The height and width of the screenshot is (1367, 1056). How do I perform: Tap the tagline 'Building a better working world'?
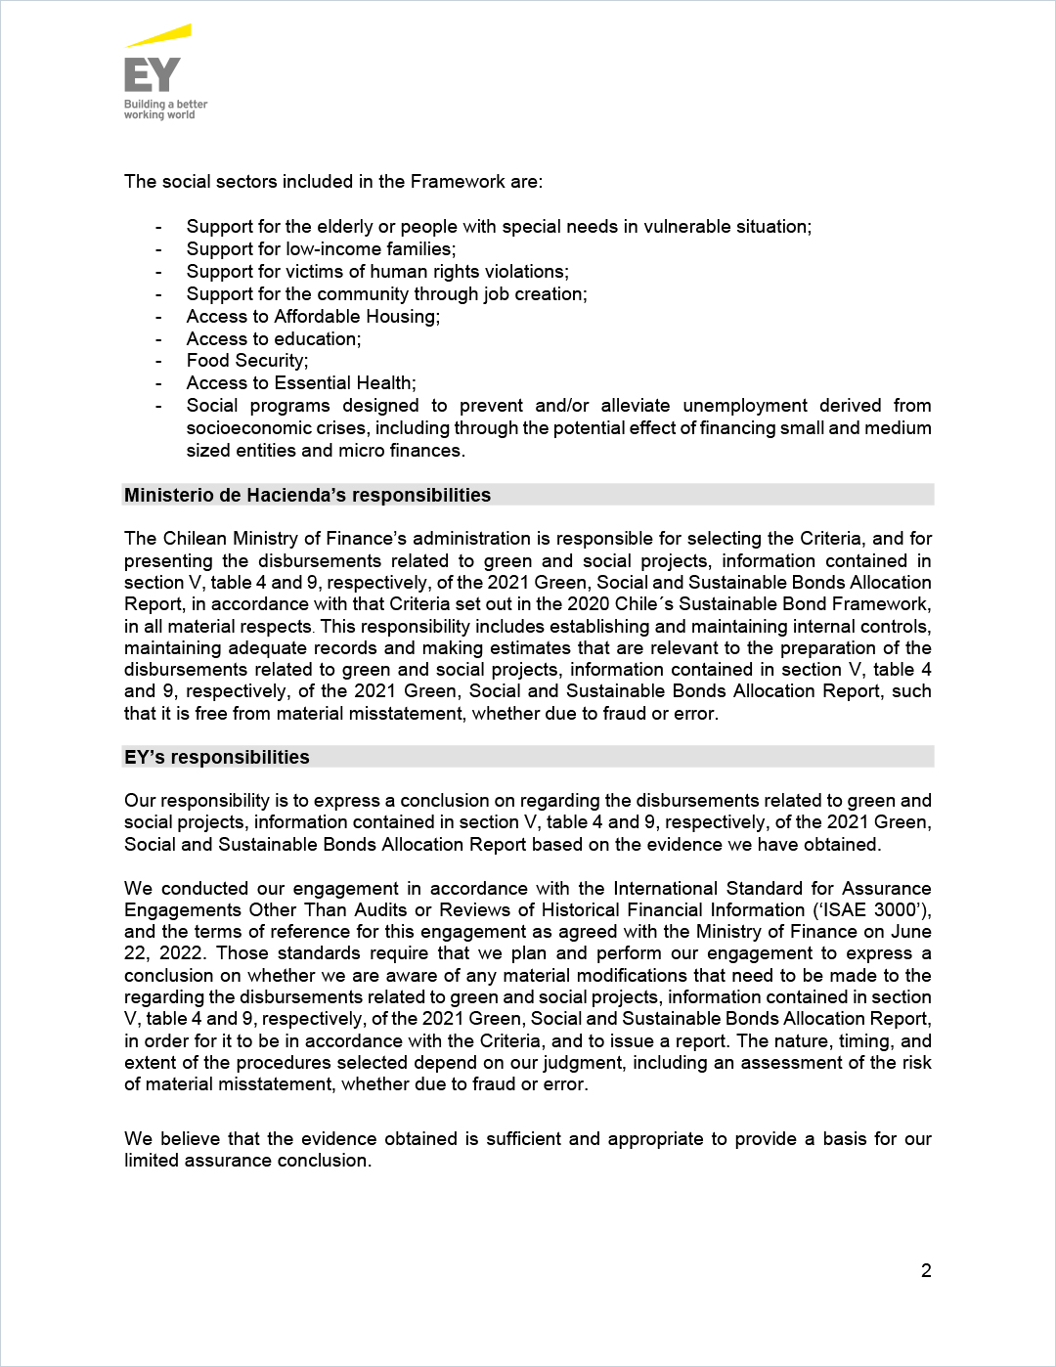click(165, 110)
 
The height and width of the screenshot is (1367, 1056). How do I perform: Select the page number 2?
click(926, 1271)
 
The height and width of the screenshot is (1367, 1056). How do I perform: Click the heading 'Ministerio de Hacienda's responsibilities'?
click(307, 496)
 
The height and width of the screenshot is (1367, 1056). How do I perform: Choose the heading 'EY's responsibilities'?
click(217, 758)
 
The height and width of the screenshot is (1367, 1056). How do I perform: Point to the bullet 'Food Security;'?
click(247, 361)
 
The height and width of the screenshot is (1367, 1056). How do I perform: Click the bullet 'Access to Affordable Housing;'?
click(313, 317)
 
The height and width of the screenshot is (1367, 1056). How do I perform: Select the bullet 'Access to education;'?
click(274, 339)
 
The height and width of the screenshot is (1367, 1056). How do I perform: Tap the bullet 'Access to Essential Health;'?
click(301, 383)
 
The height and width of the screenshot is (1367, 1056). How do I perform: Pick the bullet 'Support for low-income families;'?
click(321, 249)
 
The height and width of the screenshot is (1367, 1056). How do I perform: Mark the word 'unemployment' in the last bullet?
click(745, 406)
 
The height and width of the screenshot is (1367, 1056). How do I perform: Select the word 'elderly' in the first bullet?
click(346, 227)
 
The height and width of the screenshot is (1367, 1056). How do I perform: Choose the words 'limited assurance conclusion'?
click(247, 1161)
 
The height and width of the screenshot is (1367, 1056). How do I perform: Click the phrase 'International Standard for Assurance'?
click(771, 889)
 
